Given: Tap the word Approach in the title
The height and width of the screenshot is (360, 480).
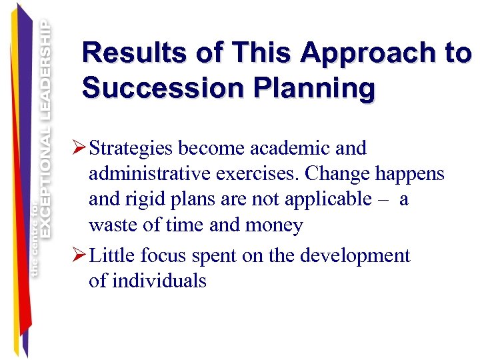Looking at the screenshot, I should point(351,53).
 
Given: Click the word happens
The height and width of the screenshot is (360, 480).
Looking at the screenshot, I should point(413,174).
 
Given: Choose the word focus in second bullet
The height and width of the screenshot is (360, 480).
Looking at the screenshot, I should point(165,256).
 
